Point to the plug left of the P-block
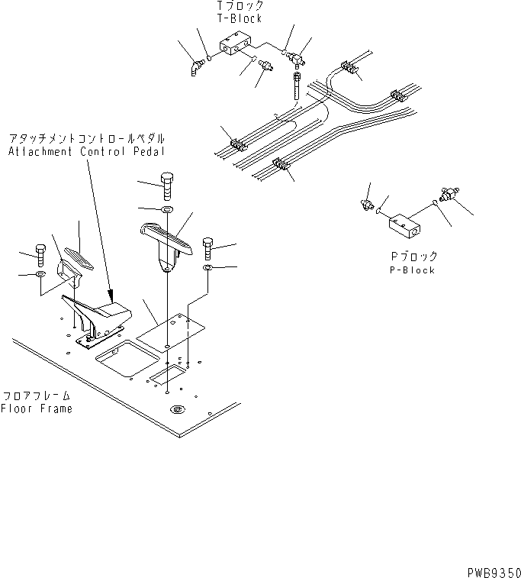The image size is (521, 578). [366, 204]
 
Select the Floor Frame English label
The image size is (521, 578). [37, 408]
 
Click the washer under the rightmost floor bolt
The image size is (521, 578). [207, 269]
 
